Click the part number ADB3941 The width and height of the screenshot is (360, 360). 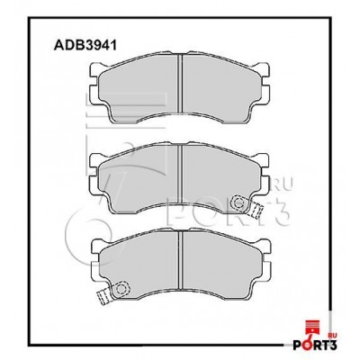(x=85, y=45)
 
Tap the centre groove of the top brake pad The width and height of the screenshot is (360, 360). (x=180, y=84)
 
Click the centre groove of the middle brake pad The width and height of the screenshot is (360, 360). (x=180, y=174)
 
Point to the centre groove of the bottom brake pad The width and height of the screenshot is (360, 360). (x=180, y=260)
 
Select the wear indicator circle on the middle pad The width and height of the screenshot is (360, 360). (x=239, y=202)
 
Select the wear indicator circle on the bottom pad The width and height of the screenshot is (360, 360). (x=121, y=288)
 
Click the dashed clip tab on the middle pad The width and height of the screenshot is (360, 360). (x=256, y=211)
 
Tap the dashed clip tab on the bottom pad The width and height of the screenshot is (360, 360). (x=103, y=297)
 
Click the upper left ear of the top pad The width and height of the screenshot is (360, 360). (x=94, y=69)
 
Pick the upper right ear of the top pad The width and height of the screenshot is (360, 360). (x=265, y=69)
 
